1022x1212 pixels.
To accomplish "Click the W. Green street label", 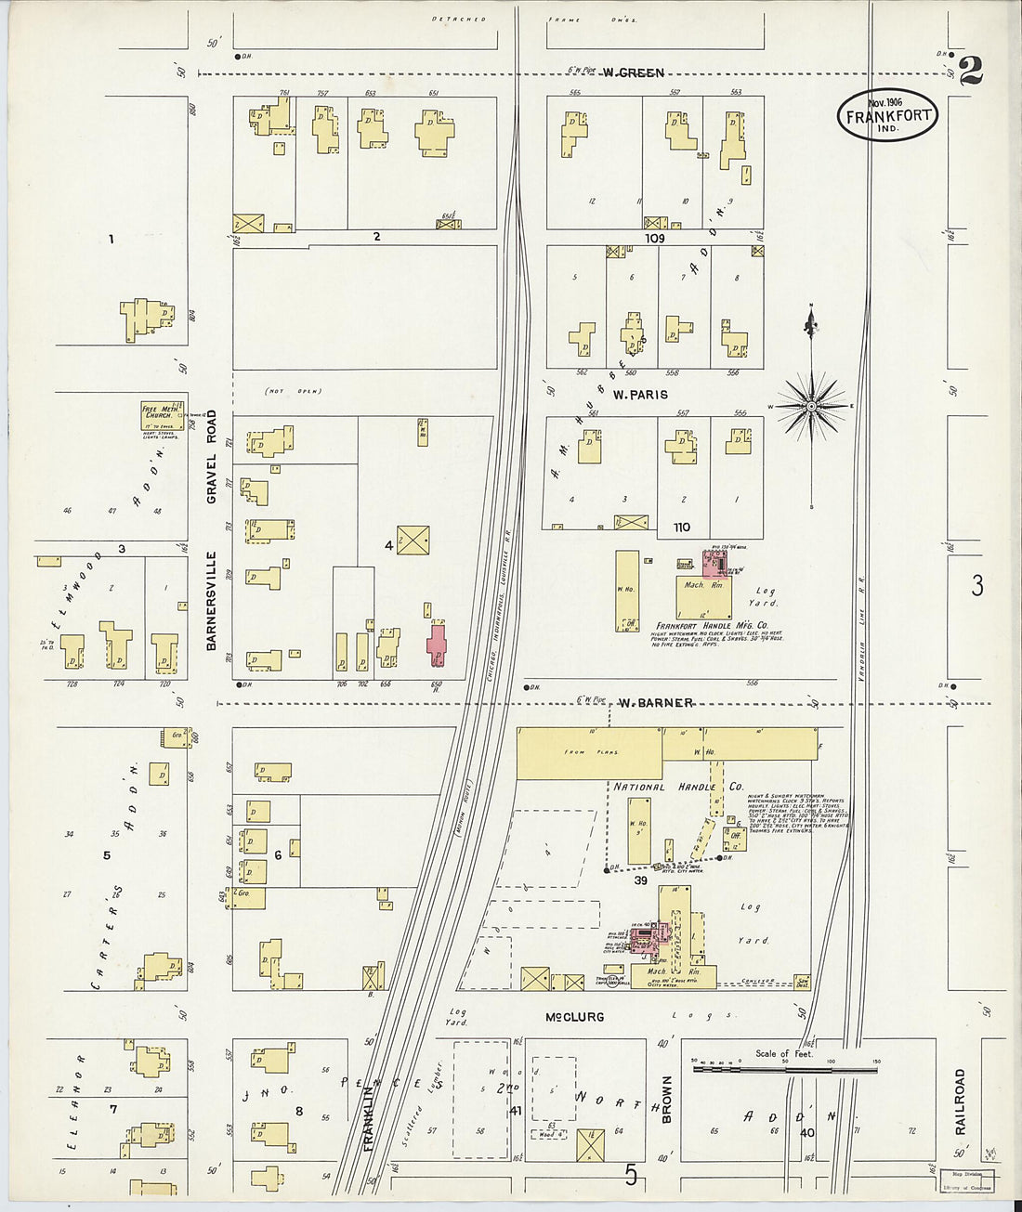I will pos(632,72).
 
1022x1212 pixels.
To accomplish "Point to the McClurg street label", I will pos(575,1017).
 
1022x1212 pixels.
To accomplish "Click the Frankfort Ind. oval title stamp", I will pos(887,115).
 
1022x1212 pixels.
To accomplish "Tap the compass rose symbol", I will pos(812,406).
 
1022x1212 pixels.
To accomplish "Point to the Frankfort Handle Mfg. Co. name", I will pos(712,626).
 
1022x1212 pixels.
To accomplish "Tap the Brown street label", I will pos(666,1099).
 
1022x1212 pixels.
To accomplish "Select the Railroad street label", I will pos(961,1101).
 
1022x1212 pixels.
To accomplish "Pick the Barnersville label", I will pos(211,600).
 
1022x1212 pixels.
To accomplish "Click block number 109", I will pos(656,238).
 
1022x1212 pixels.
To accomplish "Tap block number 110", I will pos(682,528).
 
